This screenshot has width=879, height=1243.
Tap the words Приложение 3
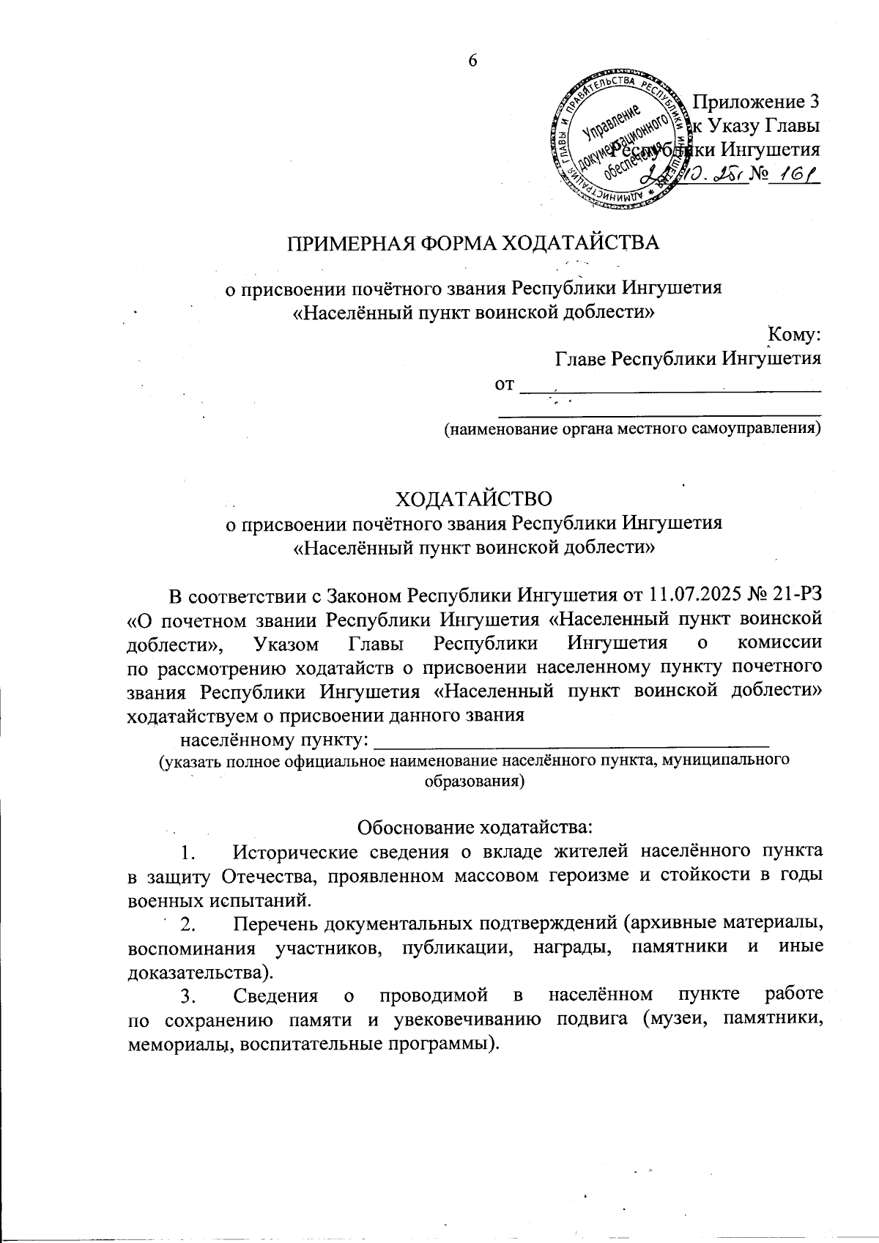tap(755, 101)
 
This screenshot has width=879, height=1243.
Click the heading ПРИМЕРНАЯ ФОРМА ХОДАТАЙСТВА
tap(473, 242)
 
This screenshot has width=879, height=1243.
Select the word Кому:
tap(793, 335)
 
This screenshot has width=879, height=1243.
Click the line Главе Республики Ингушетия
tap(688, 358)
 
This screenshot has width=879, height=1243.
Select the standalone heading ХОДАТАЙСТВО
tap(473, 499)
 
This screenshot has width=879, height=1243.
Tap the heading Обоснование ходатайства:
tap(473, 828)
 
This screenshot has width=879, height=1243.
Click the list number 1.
tap(188, 853)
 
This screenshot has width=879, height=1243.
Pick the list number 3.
tap(188, 996)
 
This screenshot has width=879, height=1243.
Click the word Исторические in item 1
tap(296, 852)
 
